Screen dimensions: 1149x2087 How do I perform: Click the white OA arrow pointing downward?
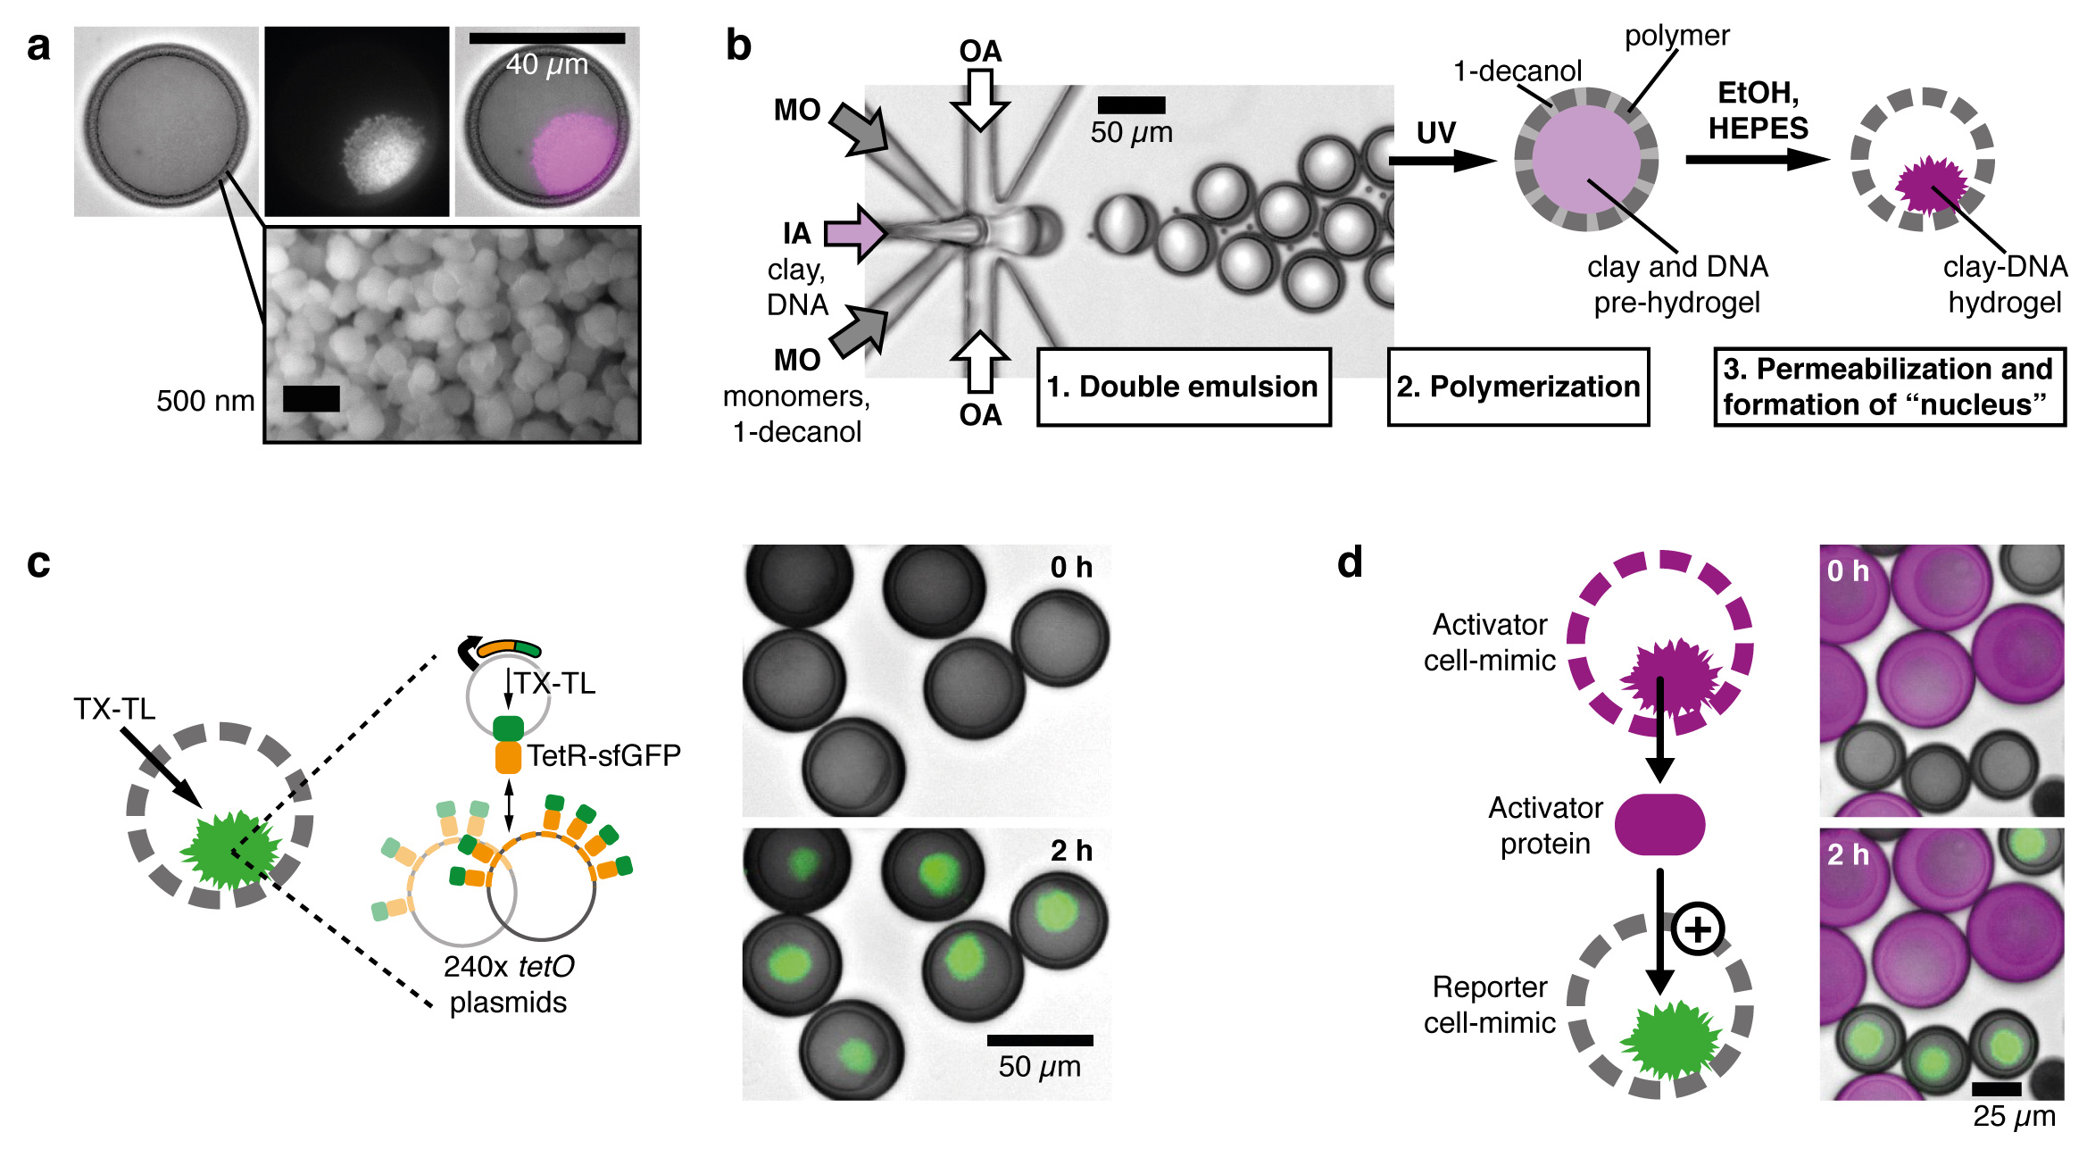(x=980, y=99)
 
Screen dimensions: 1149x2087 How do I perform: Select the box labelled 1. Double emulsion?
(x=1183, y=387)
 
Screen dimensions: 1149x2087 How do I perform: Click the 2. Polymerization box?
(x=1517, y=387)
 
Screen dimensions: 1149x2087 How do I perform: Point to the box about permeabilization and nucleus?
(x=1889, y=387)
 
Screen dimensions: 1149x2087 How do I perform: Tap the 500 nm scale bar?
(x=311, y=399)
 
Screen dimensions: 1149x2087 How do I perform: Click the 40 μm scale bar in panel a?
(x=546, y=38)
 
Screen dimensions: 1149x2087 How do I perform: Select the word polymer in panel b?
(x=1676, y=36)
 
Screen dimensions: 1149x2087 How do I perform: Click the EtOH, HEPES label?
(x=1758, y=110)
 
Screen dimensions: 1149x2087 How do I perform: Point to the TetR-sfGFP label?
(x=603, y=756)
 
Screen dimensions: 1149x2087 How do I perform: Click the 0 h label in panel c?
(x=1070, y=567)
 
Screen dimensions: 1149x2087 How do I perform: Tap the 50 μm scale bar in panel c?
(x=1040, y=1040)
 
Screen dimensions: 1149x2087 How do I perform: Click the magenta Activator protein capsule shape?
(x=1659, y=824)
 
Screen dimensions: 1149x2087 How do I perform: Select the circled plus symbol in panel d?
(x=1697, y=929)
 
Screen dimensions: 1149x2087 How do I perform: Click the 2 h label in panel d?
(x=1847, y=855)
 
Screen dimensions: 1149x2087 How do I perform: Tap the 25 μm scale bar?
(x=1996, y=1089)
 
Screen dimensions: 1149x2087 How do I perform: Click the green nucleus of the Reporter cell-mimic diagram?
(x=1667, y=1039)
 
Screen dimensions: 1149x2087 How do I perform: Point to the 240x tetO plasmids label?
(x=508, y=984)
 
